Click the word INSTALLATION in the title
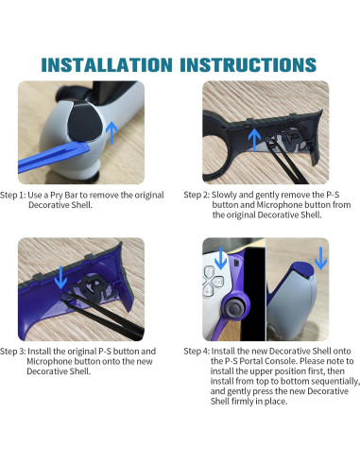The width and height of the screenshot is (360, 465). pyautogui.click(x=107, y=65)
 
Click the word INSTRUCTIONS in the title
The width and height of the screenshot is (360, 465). pyautogui.click(x=248, y=65)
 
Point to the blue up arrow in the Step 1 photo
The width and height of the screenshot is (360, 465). pyautogui.click(x=111, y=132)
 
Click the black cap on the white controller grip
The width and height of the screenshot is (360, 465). pyautogui.click(x=82, y=121)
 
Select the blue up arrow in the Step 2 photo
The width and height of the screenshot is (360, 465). pyautogui.click(x=254, y=139)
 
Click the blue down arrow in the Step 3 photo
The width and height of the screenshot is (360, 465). pyautogui.click(x=60, y=278)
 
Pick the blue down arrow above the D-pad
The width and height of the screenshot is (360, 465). pyautogui.click(x=221, y=258)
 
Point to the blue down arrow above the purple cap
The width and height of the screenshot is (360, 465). pyautogui.click(x=320, y=258)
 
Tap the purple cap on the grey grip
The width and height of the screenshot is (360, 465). pyautogui.click(x=300, y=268)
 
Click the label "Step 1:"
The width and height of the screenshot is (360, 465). pyautogui.click(x=13, y=195)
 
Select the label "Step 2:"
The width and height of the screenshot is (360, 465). pyautogui.click(x=197, y=195)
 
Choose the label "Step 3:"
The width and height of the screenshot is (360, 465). pyautogui.click(x=13, y=352)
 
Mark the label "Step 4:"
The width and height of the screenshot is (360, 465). pyautogui.click(x=197, y=352)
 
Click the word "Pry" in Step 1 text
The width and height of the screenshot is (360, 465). pyautogui.click(x=57, y=196)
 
